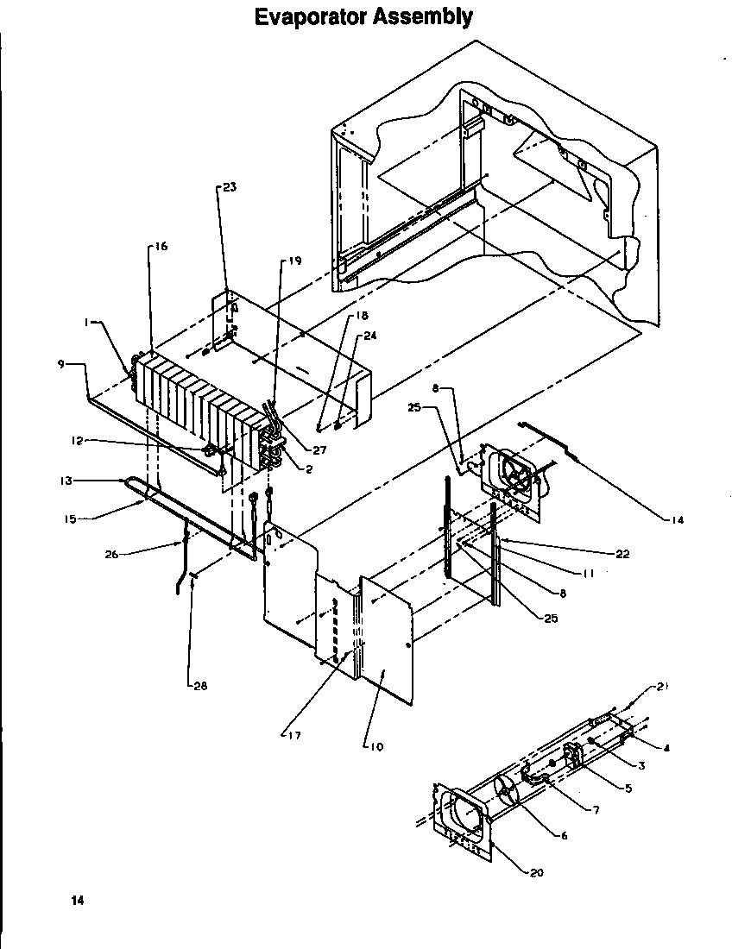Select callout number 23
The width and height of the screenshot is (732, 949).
(x=229, y=187)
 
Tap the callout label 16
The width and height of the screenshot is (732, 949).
(x=161, y=247)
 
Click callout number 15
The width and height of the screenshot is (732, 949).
(x=70, y=518)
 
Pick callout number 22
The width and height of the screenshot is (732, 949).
(x=622, y=554)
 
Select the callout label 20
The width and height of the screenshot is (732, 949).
(x=536, y=872)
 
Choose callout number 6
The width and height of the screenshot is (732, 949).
(x=563, y=836)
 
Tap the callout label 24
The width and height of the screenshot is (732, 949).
(x=369, y=336)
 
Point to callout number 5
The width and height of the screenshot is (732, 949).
(x=628, y=788)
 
